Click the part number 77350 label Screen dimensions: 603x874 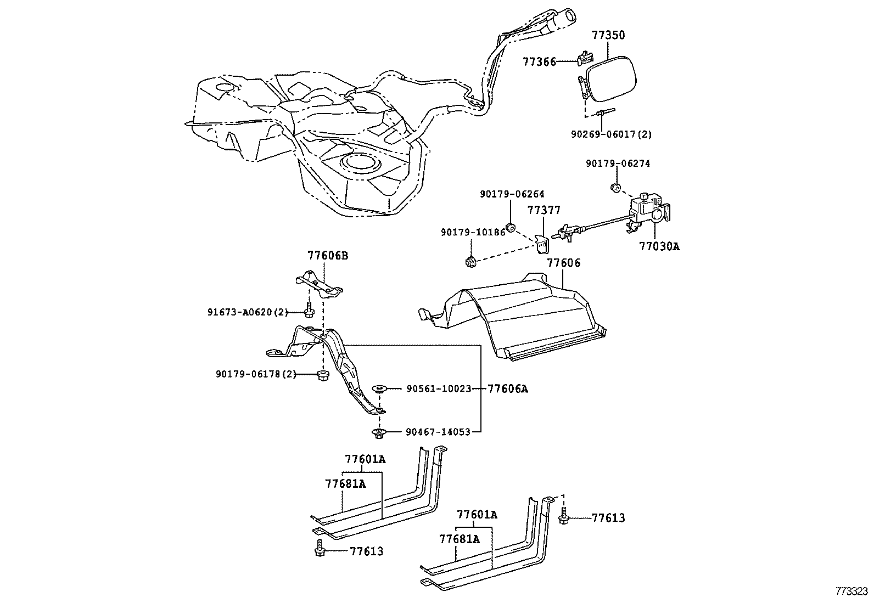(x=608, y=36)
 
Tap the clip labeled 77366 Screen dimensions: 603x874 (x=586, y=57)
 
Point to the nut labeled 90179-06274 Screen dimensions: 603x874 (x=616, y=188)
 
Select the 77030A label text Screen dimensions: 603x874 (x=659, y=247)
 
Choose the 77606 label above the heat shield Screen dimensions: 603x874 (x=563, y=263)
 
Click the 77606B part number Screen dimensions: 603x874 (x=327, y=256)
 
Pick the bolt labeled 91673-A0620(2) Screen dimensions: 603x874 (x=309, y=310)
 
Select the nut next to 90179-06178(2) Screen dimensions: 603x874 (x=323, y=376)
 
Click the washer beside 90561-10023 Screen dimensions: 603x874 (x=379, y=389)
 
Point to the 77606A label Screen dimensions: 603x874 (x=507, y=389)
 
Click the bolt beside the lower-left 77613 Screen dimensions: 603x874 (x=319, y=549)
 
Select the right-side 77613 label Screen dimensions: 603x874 (x=608, y=518)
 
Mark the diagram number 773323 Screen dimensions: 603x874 (x=851, y=591)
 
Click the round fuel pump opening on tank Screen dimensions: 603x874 (x=359, y=163)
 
